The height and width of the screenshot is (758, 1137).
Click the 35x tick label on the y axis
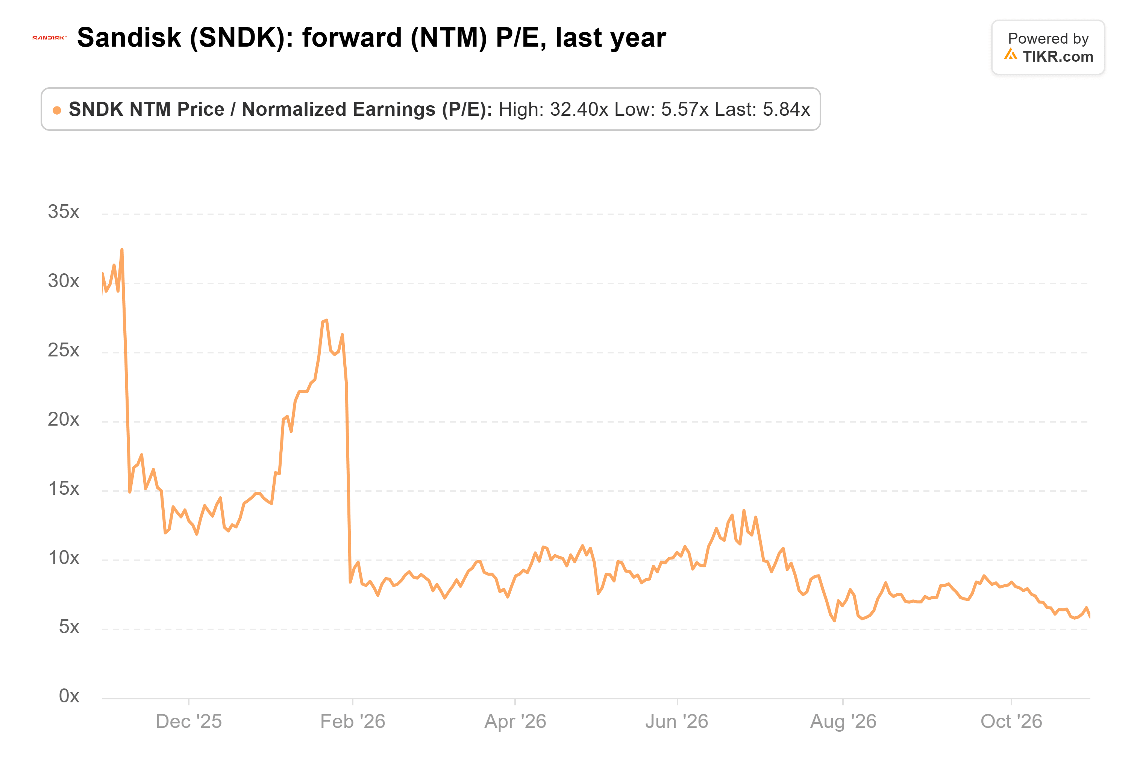click(x=63, y=212)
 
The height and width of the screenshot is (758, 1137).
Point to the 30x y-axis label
click(x=63, y=281)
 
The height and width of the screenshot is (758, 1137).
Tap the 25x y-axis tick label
click(x=63, y=350)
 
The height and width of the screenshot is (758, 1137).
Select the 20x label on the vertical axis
click(x=63, y=419)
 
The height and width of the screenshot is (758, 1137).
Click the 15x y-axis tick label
click(x=63, y=488)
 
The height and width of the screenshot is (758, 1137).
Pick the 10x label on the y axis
click(x=63, y=558)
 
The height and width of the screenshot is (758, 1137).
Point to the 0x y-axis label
click(x=69, y=696)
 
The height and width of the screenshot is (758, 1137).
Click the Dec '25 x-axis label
click(x=188, y=722)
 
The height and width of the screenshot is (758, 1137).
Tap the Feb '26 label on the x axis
click(x=353, y=722)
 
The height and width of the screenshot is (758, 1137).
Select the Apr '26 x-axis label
click(x=515, y=722)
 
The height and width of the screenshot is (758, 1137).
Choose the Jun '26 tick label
click(x=677, y=722)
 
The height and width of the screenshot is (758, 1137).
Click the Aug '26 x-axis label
click(x=843, y=722)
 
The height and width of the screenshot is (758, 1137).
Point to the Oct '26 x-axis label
click(x=1011, y=722)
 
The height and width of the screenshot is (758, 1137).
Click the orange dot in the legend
click(x=57, y=110)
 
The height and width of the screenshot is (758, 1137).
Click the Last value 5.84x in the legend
click(x=787, y=109)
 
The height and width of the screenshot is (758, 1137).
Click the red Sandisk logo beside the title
click(x=49, y=38)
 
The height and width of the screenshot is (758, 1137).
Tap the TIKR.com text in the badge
click(x=1058, y=56)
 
